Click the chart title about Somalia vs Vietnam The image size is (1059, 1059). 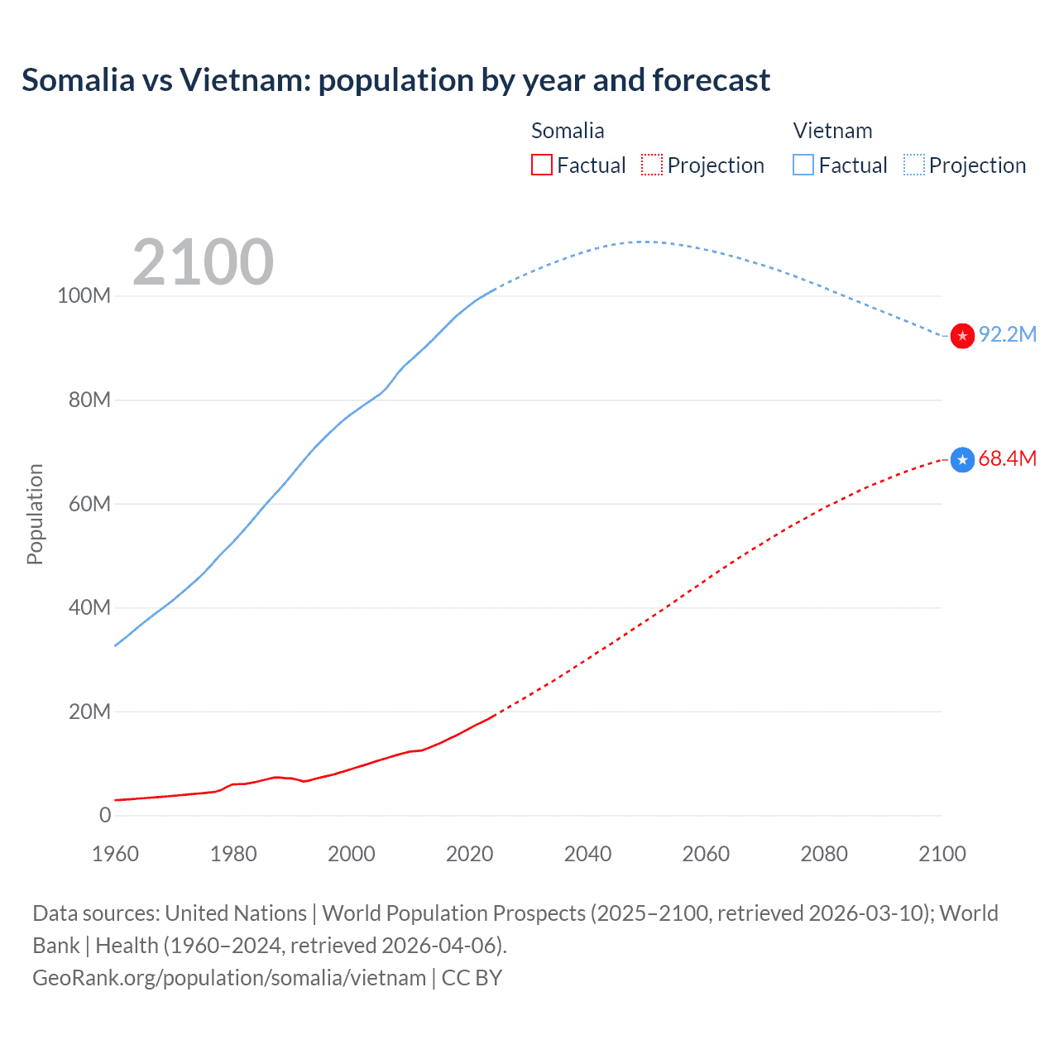(x=395, y=80)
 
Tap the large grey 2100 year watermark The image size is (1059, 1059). (x=203, y=262)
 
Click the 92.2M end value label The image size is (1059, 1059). (x=1007, y=334)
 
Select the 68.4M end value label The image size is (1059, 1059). (x=1007, y=458)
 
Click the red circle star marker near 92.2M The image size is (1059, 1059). (x=962, y=336)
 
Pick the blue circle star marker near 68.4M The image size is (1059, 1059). (x=962, y=459)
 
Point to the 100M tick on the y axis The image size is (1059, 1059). (x=84, y=296)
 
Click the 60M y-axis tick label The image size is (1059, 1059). (x=89, y=504)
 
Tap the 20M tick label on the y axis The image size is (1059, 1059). (x=89, y=712)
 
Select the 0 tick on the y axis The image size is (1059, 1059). (x=105, y=815)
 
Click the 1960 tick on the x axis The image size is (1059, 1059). (x=115, y=854)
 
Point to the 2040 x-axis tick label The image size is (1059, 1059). (x=587, y=854)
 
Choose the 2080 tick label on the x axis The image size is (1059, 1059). (x=824, y=854)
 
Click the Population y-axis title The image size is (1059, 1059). (x=35, y=514)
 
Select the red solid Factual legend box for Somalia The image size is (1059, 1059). (x=542, y=165)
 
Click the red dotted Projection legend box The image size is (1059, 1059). (x=652, y=165)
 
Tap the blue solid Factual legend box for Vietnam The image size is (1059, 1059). (x=803, y=165)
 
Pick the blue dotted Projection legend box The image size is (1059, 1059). (x=913, y=165)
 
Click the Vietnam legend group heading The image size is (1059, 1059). (x=832, y=131)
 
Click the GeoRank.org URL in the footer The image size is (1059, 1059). (x=229, y=978)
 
